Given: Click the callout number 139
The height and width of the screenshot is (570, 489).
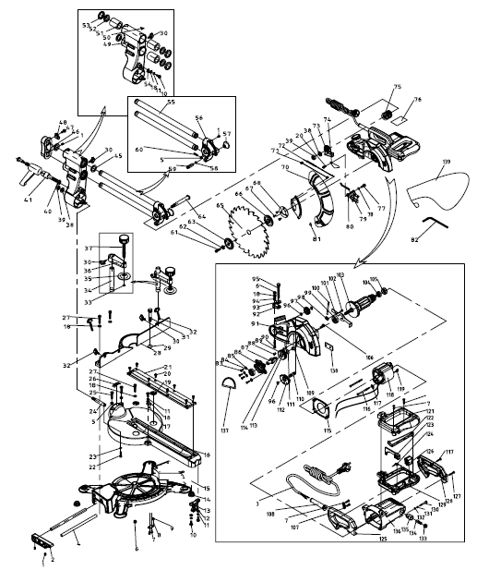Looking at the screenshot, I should [x=447, y=163].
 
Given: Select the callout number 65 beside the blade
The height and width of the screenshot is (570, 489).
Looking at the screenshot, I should [x=221, y=209].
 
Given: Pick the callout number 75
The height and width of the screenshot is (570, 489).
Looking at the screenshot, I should [x=398, y=87].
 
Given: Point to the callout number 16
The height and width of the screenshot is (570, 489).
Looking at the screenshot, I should [x=206, y=455].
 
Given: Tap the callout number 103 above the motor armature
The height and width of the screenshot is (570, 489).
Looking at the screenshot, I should [x=340, y=276].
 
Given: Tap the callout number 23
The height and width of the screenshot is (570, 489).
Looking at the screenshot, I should [x=118, y=455].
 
